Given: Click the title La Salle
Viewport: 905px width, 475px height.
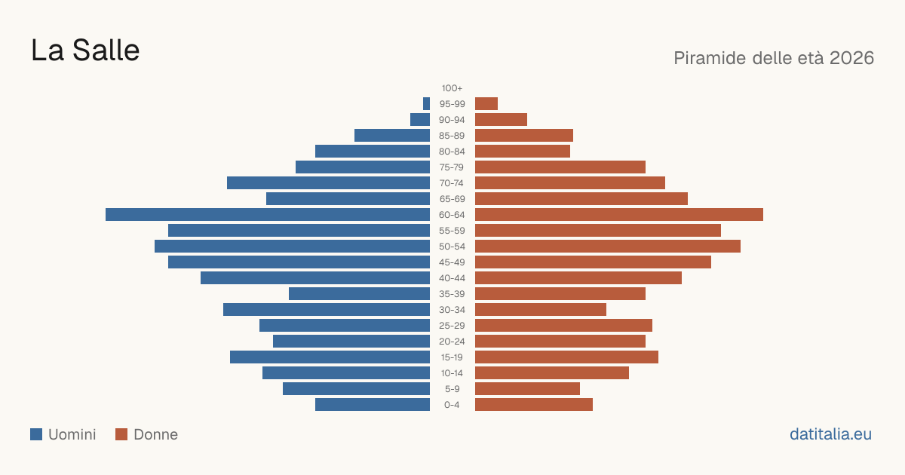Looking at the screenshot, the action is (85, 51).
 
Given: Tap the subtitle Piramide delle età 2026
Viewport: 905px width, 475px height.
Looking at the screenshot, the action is (774, 58).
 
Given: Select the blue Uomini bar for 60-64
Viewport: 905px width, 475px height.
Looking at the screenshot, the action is (268, 214).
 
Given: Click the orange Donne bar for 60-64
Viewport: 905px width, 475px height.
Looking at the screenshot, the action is (619, 214).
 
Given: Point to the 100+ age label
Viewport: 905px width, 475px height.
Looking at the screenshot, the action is (452, 88).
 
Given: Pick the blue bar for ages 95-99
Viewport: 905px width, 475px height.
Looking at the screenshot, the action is (426, 104).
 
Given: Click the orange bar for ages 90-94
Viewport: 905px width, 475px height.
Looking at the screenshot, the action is (501, 120).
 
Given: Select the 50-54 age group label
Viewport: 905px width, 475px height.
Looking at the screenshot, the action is (452, 247).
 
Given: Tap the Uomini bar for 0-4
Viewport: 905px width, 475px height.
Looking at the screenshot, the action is (373, 405).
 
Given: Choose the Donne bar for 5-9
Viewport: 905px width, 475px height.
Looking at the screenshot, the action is (527, 389).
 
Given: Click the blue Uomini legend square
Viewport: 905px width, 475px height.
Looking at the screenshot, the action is (36, 434).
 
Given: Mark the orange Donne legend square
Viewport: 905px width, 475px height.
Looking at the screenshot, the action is (121, 434).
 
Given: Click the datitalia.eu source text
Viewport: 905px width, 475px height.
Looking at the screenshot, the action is (830, 434).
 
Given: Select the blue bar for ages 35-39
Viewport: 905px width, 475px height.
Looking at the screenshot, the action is (359, 293).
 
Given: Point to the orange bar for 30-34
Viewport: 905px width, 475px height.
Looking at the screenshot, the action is (541, 310).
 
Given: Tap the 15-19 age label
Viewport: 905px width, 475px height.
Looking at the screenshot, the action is (452, 357).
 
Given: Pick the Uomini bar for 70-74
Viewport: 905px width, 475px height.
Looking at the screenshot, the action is (329, 183).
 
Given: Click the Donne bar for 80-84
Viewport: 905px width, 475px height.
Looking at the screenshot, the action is (523, 152).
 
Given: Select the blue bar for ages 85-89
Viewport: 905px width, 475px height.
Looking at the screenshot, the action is (392, 135).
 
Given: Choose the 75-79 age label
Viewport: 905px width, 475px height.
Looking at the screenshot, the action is (452, 167).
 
